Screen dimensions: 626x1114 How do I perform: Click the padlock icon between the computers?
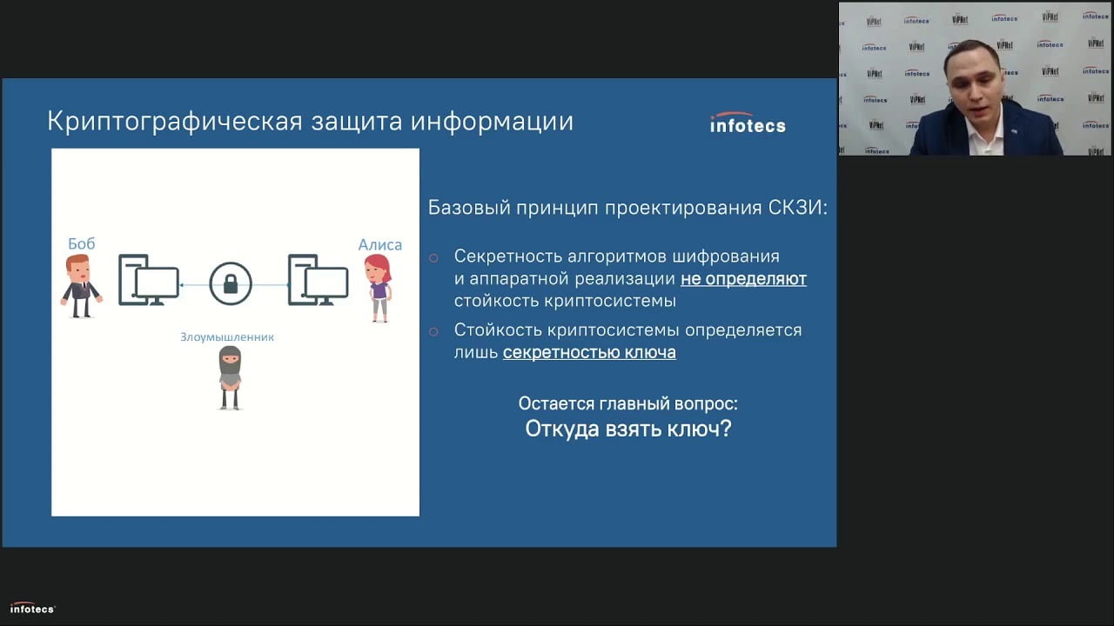(x=231, y=283)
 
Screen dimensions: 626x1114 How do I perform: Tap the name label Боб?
(x=81, y=243)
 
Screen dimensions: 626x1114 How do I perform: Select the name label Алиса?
(x=380, y=244)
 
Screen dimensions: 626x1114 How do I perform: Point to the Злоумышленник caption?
(x=227, y=336)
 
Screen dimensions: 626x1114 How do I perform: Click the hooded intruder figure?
(x=229, y=377)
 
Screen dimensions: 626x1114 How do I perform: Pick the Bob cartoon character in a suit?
(x=81, y=286)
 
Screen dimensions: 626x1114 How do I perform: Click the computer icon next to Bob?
(x=148, y=280)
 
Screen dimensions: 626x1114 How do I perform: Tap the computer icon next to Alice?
(x=318, y=280)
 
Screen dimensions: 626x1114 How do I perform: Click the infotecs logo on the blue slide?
(x=748, y=124)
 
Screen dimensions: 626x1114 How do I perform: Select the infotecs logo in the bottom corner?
(x=32, y=609)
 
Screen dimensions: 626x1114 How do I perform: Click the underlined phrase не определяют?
(x=743, y=279)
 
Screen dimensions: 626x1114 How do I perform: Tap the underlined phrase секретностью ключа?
(x=589, y=352)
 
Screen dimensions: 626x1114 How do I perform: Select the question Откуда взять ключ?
(x=627, y=429)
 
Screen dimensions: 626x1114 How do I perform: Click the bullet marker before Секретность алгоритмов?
(x=433, y=257)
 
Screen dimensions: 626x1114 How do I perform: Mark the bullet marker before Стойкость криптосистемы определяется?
(x=433, y=331)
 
